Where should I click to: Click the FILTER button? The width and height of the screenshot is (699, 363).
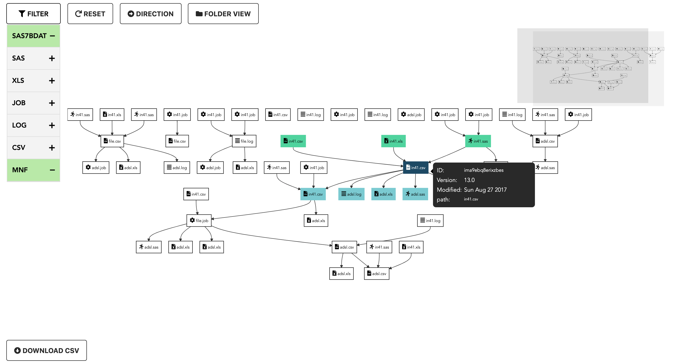tap(33, 14)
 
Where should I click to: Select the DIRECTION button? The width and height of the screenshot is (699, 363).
tap(150, 14)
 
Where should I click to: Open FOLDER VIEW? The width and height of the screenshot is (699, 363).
tap(223, 14)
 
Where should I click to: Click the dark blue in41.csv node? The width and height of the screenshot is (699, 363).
tap(416, 168)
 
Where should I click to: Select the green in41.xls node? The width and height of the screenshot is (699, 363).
tap(393, 141)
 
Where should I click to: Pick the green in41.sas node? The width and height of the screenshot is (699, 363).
tap(478, 141)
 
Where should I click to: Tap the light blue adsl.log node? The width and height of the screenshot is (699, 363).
tap(351, 194)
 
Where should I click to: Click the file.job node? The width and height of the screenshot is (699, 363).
tap(199, 220)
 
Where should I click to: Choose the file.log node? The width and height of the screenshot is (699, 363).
tap(244, 141)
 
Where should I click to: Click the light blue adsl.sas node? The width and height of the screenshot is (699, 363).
tap(415, 194)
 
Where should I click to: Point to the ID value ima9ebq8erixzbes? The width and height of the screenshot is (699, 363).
tap(483, 170)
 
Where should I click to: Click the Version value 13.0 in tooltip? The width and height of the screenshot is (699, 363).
tap(469, 180)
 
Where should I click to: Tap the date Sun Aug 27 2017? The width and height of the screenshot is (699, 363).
tap(485, 190)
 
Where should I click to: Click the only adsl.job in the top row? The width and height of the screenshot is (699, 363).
tap(411, 115)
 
